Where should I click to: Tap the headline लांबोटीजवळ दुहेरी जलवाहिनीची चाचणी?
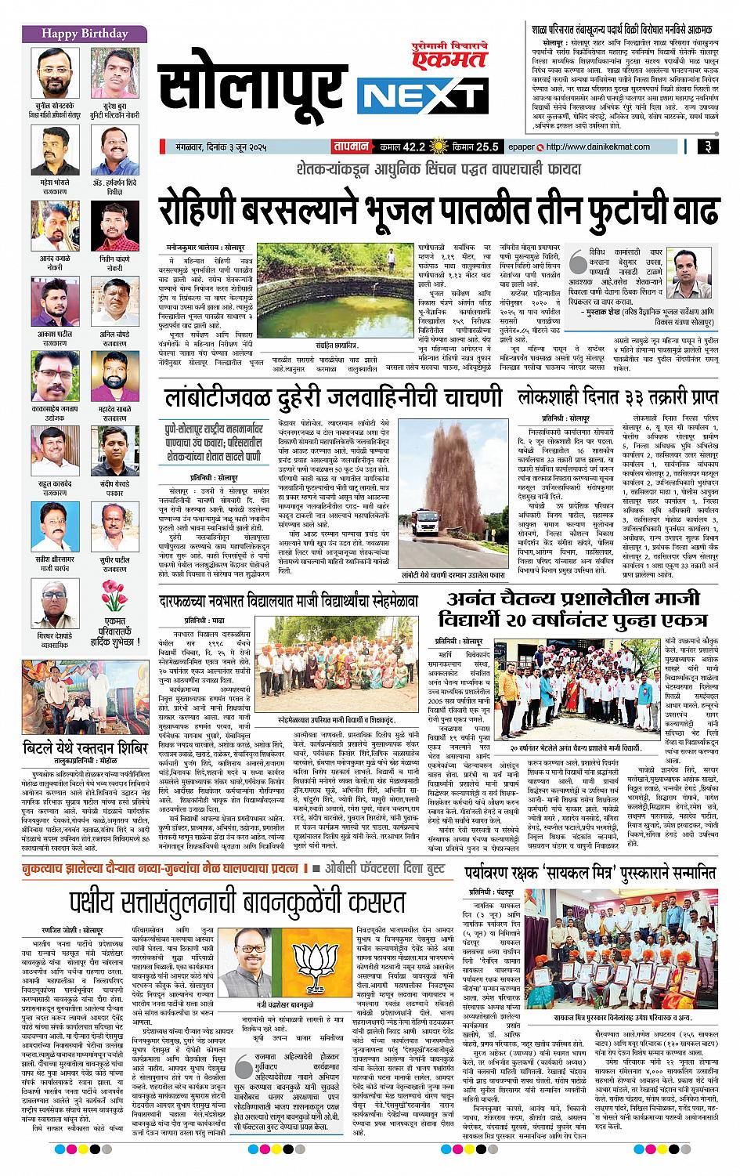pos(334,398)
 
